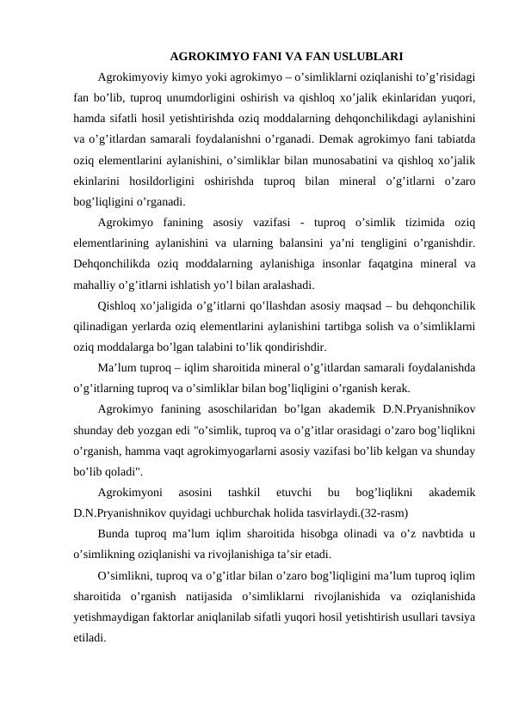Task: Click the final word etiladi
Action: pos(90,641)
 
